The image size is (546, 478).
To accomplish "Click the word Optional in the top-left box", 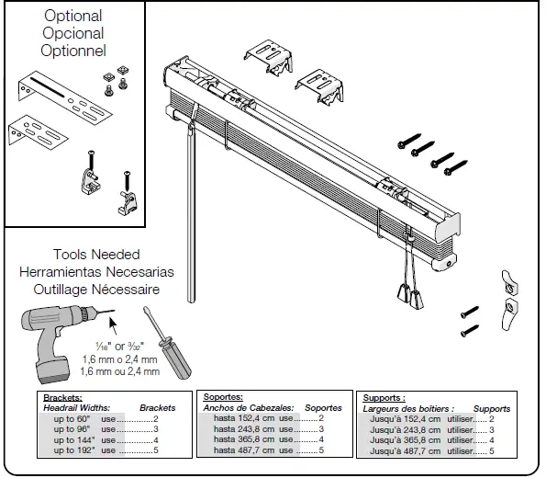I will [x=74, y=16].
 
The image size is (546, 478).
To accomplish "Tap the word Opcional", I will [x=74, y=33].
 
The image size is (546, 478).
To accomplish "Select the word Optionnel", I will [x=74, y=51].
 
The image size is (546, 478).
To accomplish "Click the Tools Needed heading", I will [x=96, y=255].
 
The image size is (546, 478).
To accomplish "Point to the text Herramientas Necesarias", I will [x=96, y=272].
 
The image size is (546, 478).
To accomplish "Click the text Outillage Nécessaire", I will [x=96, y=290].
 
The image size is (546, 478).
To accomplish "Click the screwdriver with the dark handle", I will [x=170, y=354].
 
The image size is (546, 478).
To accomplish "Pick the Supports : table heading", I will [x=384, y=397].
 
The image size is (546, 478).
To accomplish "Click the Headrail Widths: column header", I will [x=77, y=407].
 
